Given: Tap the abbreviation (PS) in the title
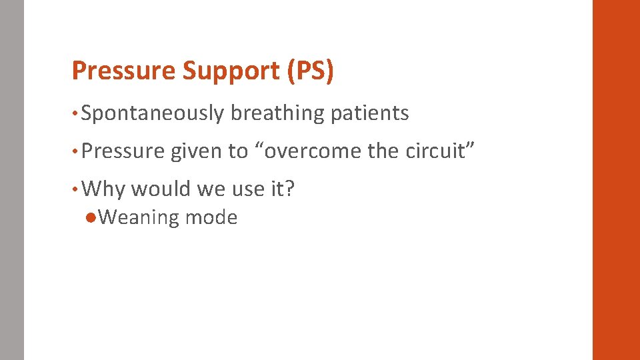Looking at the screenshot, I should coord(310,71).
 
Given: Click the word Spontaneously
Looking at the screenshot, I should coord(153,114).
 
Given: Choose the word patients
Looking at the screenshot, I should coord(370,114).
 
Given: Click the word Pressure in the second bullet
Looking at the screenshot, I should coord(123,151).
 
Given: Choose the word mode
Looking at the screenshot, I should coord(211,218).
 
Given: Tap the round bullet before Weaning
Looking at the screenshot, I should coord(91,217).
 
